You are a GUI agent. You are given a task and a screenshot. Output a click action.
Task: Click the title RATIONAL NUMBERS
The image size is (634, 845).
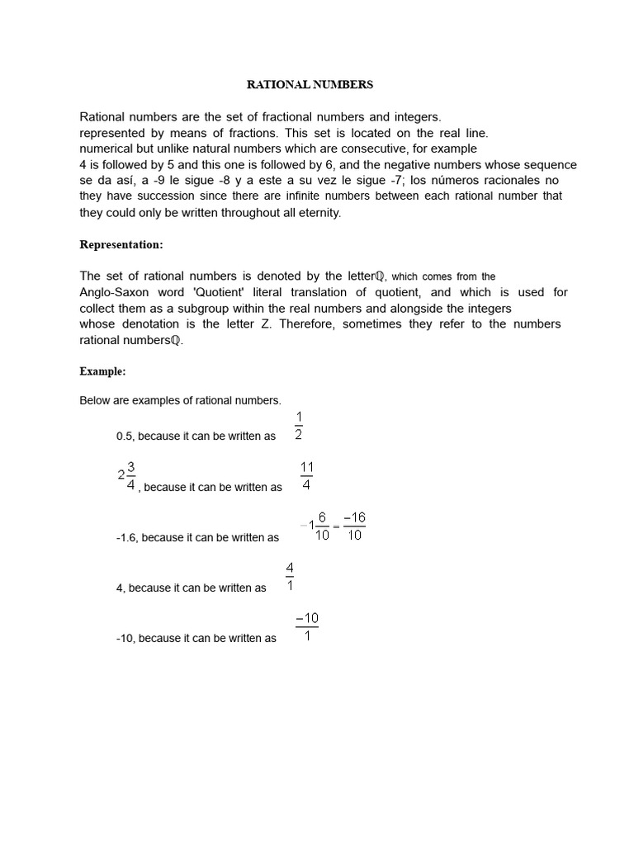pos(311,84)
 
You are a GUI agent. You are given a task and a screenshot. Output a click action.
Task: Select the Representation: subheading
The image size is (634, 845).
pos(116,244)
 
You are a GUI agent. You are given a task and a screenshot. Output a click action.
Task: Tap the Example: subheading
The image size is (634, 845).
pos(102,371)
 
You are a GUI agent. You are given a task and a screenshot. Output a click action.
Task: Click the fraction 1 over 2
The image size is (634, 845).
pos(299,425)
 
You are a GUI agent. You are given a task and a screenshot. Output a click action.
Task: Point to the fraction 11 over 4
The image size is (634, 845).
pos(306,477)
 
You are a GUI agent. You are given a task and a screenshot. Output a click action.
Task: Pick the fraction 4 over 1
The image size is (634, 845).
pos(290,578)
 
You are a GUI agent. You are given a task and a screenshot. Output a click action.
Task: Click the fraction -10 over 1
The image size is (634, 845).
pos(306,628)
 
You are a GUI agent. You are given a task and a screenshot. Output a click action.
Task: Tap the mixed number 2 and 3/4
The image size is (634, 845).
pos(126,476)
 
